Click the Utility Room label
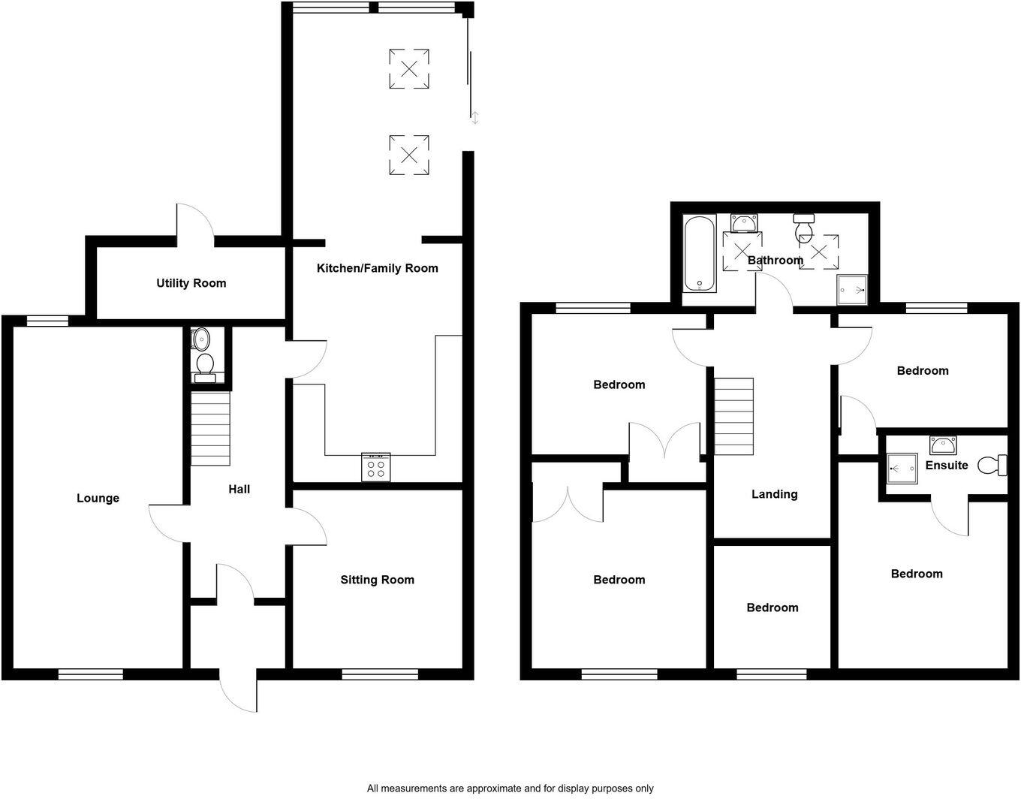[x=191, y=283]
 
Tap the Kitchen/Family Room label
[x=377, y=268]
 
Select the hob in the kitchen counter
[x=376, y=466]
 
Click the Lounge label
[x=98, y=498]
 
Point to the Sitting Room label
[x=377, y=580]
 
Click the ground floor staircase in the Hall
[x=210, y=429]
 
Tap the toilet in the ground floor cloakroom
[x=203, y=366]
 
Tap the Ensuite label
[x=946, y=466]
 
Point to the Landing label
[x=774, y=494]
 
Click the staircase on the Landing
[x=733, y=416]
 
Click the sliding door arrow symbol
[x=474, y=117]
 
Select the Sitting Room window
[x=379, y=674]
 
